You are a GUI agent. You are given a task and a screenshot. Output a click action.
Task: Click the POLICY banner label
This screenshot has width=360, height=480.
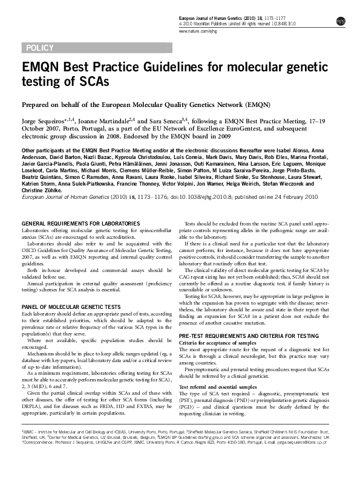coord(41,48)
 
